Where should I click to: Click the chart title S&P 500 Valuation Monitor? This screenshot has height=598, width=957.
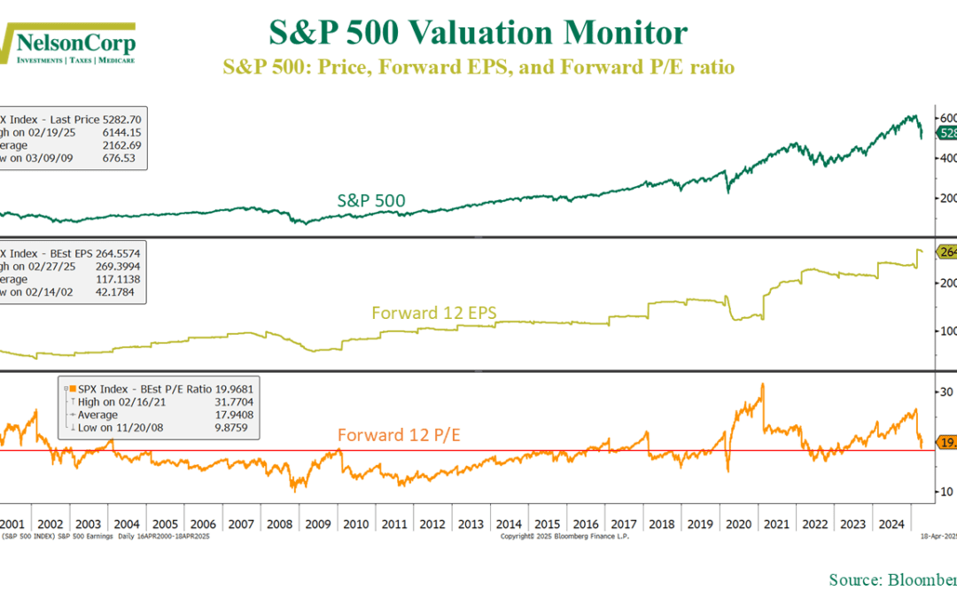pos(478,34)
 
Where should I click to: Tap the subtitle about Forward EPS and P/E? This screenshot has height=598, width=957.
pos(478,66)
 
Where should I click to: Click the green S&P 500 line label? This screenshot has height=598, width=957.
pos(371,201)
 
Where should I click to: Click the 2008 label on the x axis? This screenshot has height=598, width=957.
pos(281,524)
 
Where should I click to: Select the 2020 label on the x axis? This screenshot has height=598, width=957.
pos(738,524)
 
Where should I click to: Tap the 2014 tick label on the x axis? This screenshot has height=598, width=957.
pos(508,524)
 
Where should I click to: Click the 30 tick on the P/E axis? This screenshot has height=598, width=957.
pos(945,392)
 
